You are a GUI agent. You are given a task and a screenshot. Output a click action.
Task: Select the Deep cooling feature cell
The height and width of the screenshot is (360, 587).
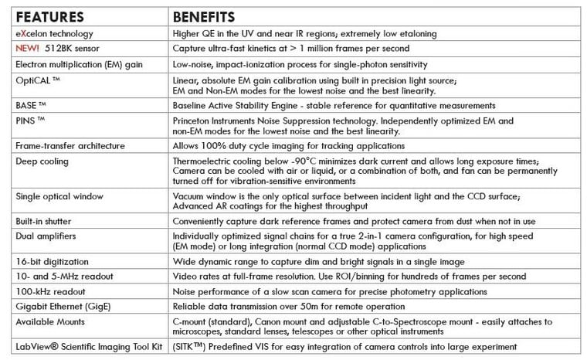[42, 161]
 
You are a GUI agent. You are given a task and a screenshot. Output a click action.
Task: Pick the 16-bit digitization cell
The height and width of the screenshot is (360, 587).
[53, 263]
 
